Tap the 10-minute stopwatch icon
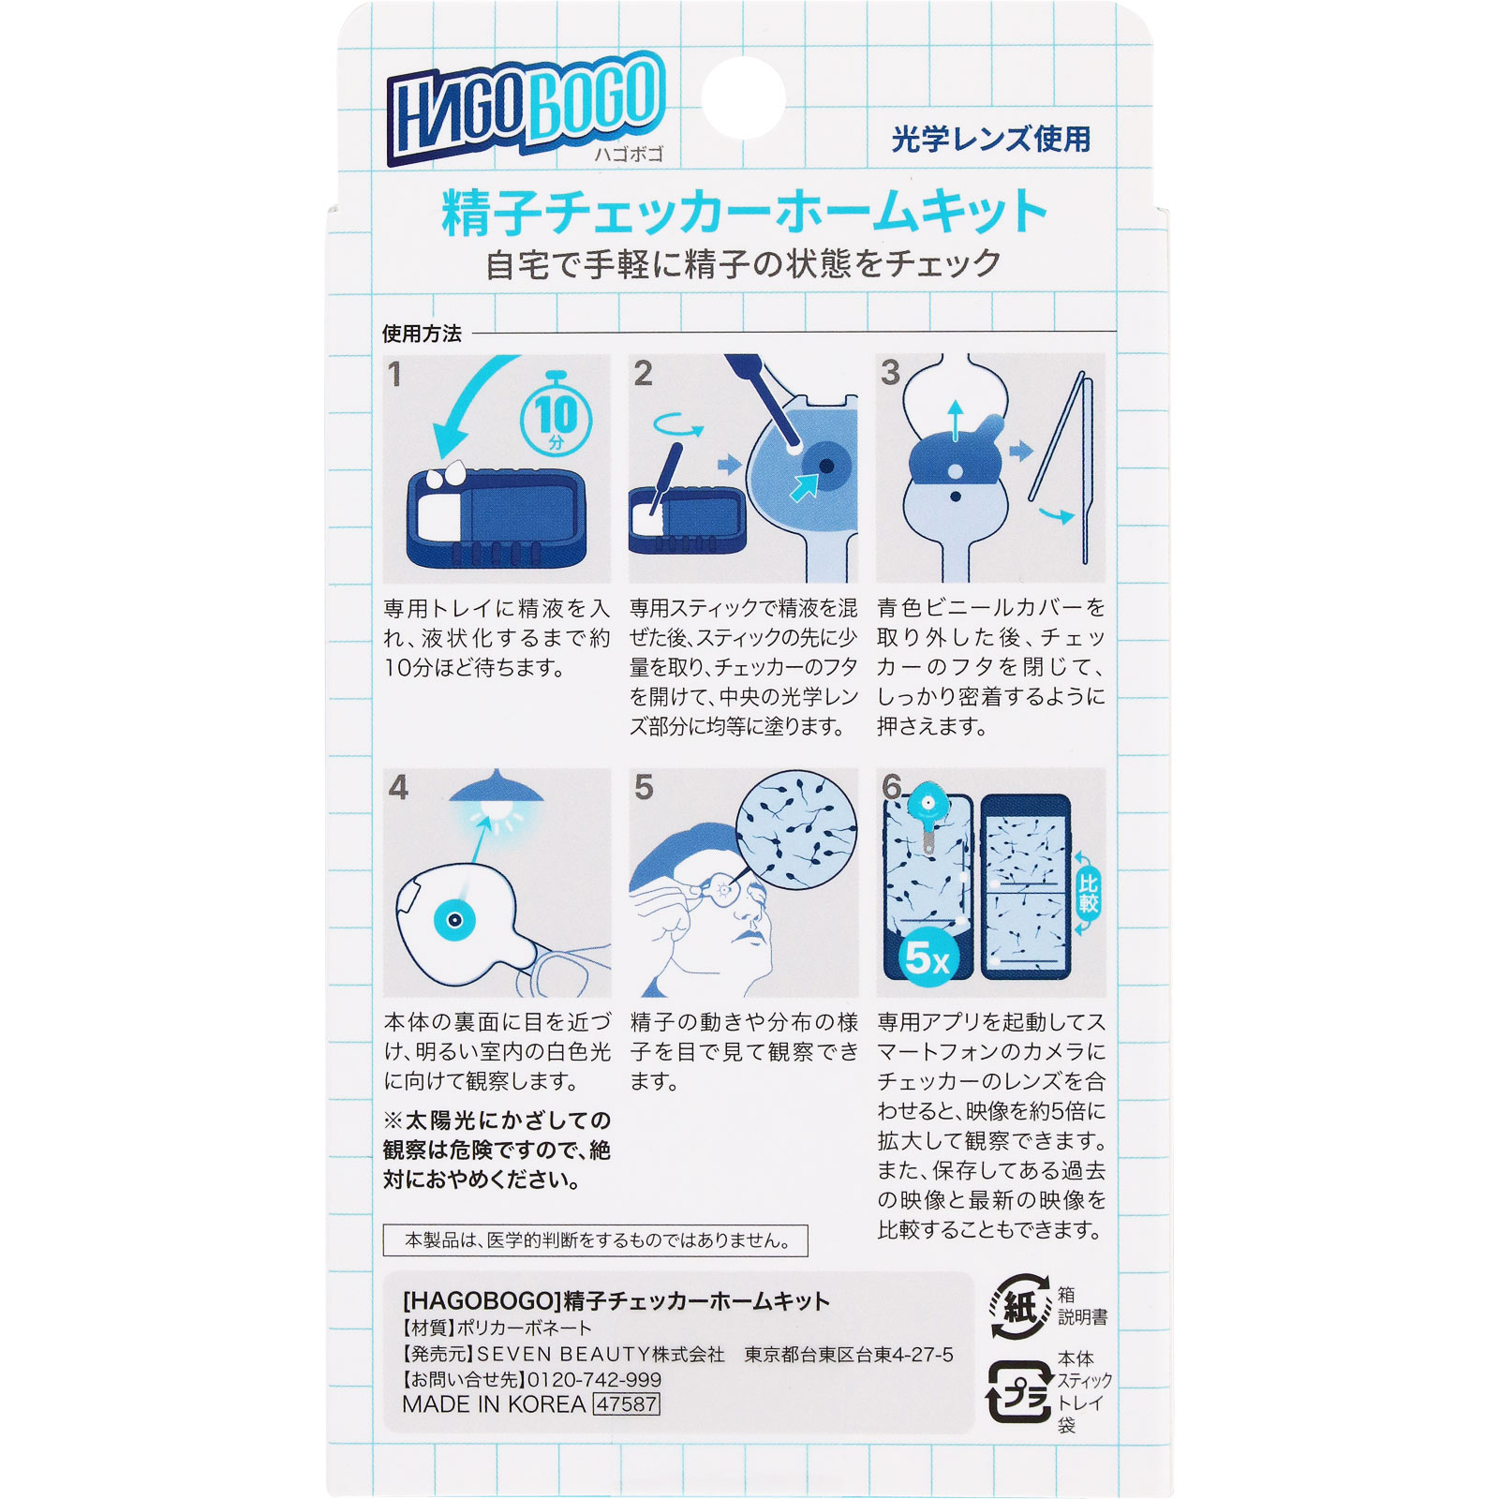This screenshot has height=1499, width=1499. click(x=556, y=416)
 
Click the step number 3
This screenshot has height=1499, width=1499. click(x=890, y=373)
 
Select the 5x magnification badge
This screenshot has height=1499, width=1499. click(x=926, y=957)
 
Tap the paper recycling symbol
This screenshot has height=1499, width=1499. click(x=1020, y=1305)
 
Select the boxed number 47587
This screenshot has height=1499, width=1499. click(x=627, y=1404)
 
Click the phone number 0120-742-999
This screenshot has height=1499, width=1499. click(x=594, y=1379)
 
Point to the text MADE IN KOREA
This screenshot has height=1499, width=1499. click(x=494, y=1404)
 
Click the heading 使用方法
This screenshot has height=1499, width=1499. click(x=422, y=334)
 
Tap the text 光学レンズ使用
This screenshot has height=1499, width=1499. click(x=991, y=140)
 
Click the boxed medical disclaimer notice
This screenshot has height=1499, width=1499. click(x=595, y=1240)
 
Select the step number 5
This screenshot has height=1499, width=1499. click(x=643, y=787)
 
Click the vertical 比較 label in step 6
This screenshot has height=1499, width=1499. click(x=1088, y=893)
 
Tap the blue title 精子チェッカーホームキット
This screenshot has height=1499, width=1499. click(x=745, y=213)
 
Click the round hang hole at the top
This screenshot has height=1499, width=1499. click(x=743, y=98)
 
